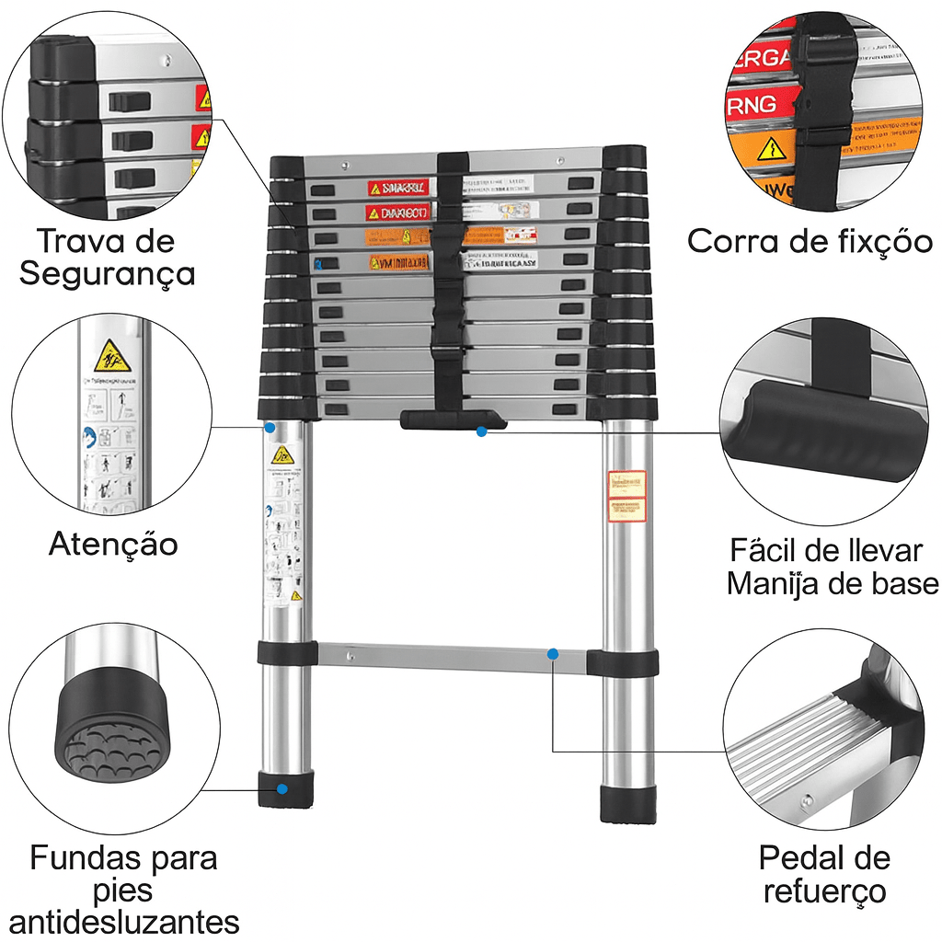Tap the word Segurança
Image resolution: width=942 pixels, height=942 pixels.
point(108,273)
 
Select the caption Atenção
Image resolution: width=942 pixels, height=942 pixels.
point(113,544)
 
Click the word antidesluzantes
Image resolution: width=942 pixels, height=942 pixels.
point(124,921)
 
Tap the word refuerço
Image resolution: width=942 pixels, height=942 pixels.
point(824,890)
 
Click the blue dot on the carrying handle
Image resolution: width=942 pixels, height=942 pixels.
point(481,431)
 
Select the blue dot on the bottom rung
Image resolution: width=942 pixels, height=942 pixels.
point(553,654)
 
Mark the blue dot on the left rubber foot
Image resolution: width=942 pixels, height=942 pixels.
point(281,788)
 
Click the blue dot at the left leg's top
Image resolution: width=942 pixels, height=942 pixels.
point(270,428)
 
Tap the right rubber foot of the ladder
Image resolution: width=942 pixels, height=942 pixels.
point(628,803)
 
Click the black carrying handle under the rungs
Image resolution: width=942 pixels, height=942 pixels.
point(453,420)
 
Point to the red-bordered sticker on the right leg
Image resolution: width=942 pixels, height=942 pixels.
point(627,497)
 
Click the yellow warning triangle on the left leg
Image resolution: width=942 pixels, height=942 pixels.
point(282,454)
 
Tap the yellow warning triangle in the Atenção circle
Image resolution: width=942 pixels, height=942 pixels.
point(112,354)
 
